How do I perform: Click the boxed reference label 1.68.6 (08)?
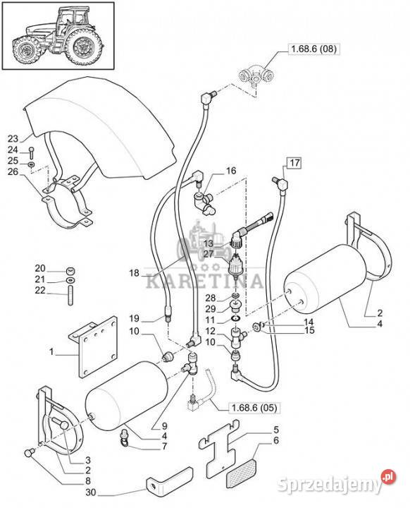pos(314,49)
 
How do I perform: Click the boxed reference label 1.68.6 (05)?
pos(254,409)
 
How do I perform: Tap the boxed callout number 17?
pos(294,163)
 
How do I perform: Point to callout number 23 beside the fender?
pos(13,139)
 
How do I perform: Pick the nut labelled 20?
pos(70,270)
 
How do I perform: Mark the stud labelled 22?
pos(70,295)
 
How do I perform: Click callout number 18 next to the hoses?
pos(134,273)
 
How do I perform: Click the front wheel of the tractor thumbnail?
pos(27,50)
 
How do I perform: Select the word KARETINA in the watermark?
pos(204,282)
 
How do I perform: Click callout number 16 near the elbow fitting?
pos(231,171)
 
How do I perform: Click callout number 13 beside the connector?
pos(209,243)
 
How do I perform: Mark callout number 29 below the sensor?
pos(211,308)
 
